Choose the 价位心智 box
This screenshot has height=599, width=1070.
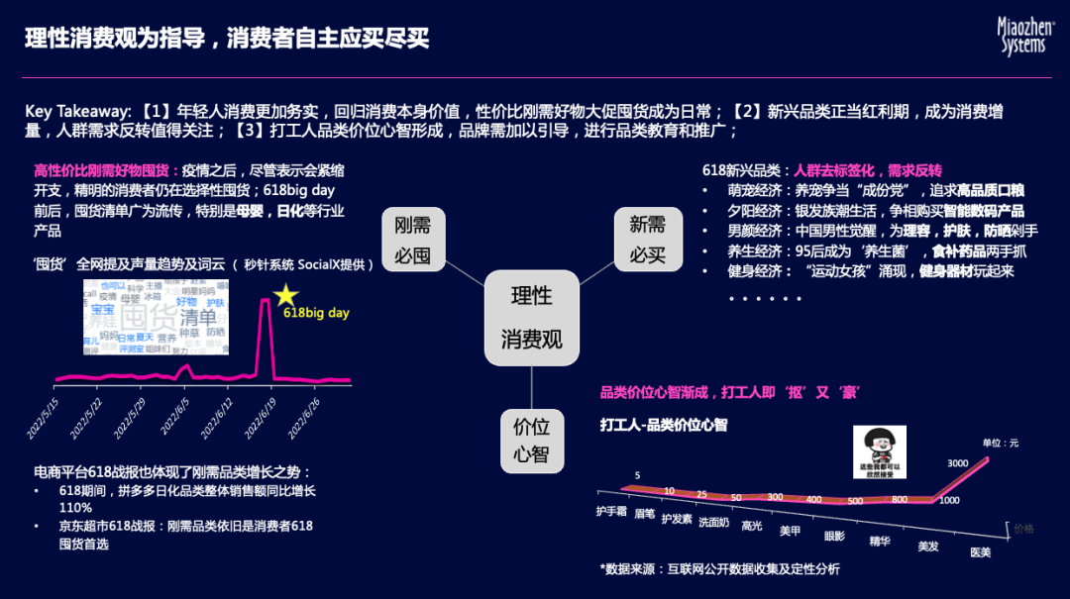(531, 441)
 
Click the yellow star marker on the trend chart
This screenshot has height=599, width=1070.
(286, 294)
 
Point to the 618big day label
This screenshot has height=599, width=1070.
(316, 313)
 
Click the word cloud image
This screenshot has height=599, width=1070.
(155, 314)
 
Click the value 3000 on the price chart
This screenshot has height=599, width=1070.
(958, 463)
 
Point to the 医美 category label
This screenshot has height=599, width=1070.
(979, 551)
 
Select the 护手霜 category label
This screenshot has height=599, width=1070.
(611, 512)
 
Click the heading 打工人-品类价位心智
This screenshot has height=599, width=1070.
(664, 424)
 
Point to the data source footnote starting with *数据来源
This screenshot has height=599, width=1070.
(719, 568)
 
